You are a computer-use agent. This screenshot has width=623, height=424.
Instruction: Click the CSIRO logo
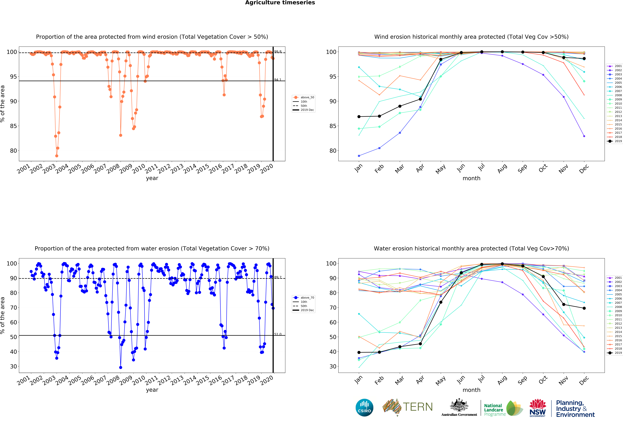tap(364, 408)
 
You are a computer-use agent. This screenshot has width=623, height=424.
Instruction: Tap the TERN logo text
tap(418, 407)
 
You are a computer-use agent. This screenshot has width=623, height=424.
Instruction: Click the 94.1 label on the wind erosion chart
tap(277, 80)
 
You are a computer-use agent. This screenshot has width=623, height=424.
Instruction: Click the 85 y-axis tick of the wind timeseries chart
tap(13, 126)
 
